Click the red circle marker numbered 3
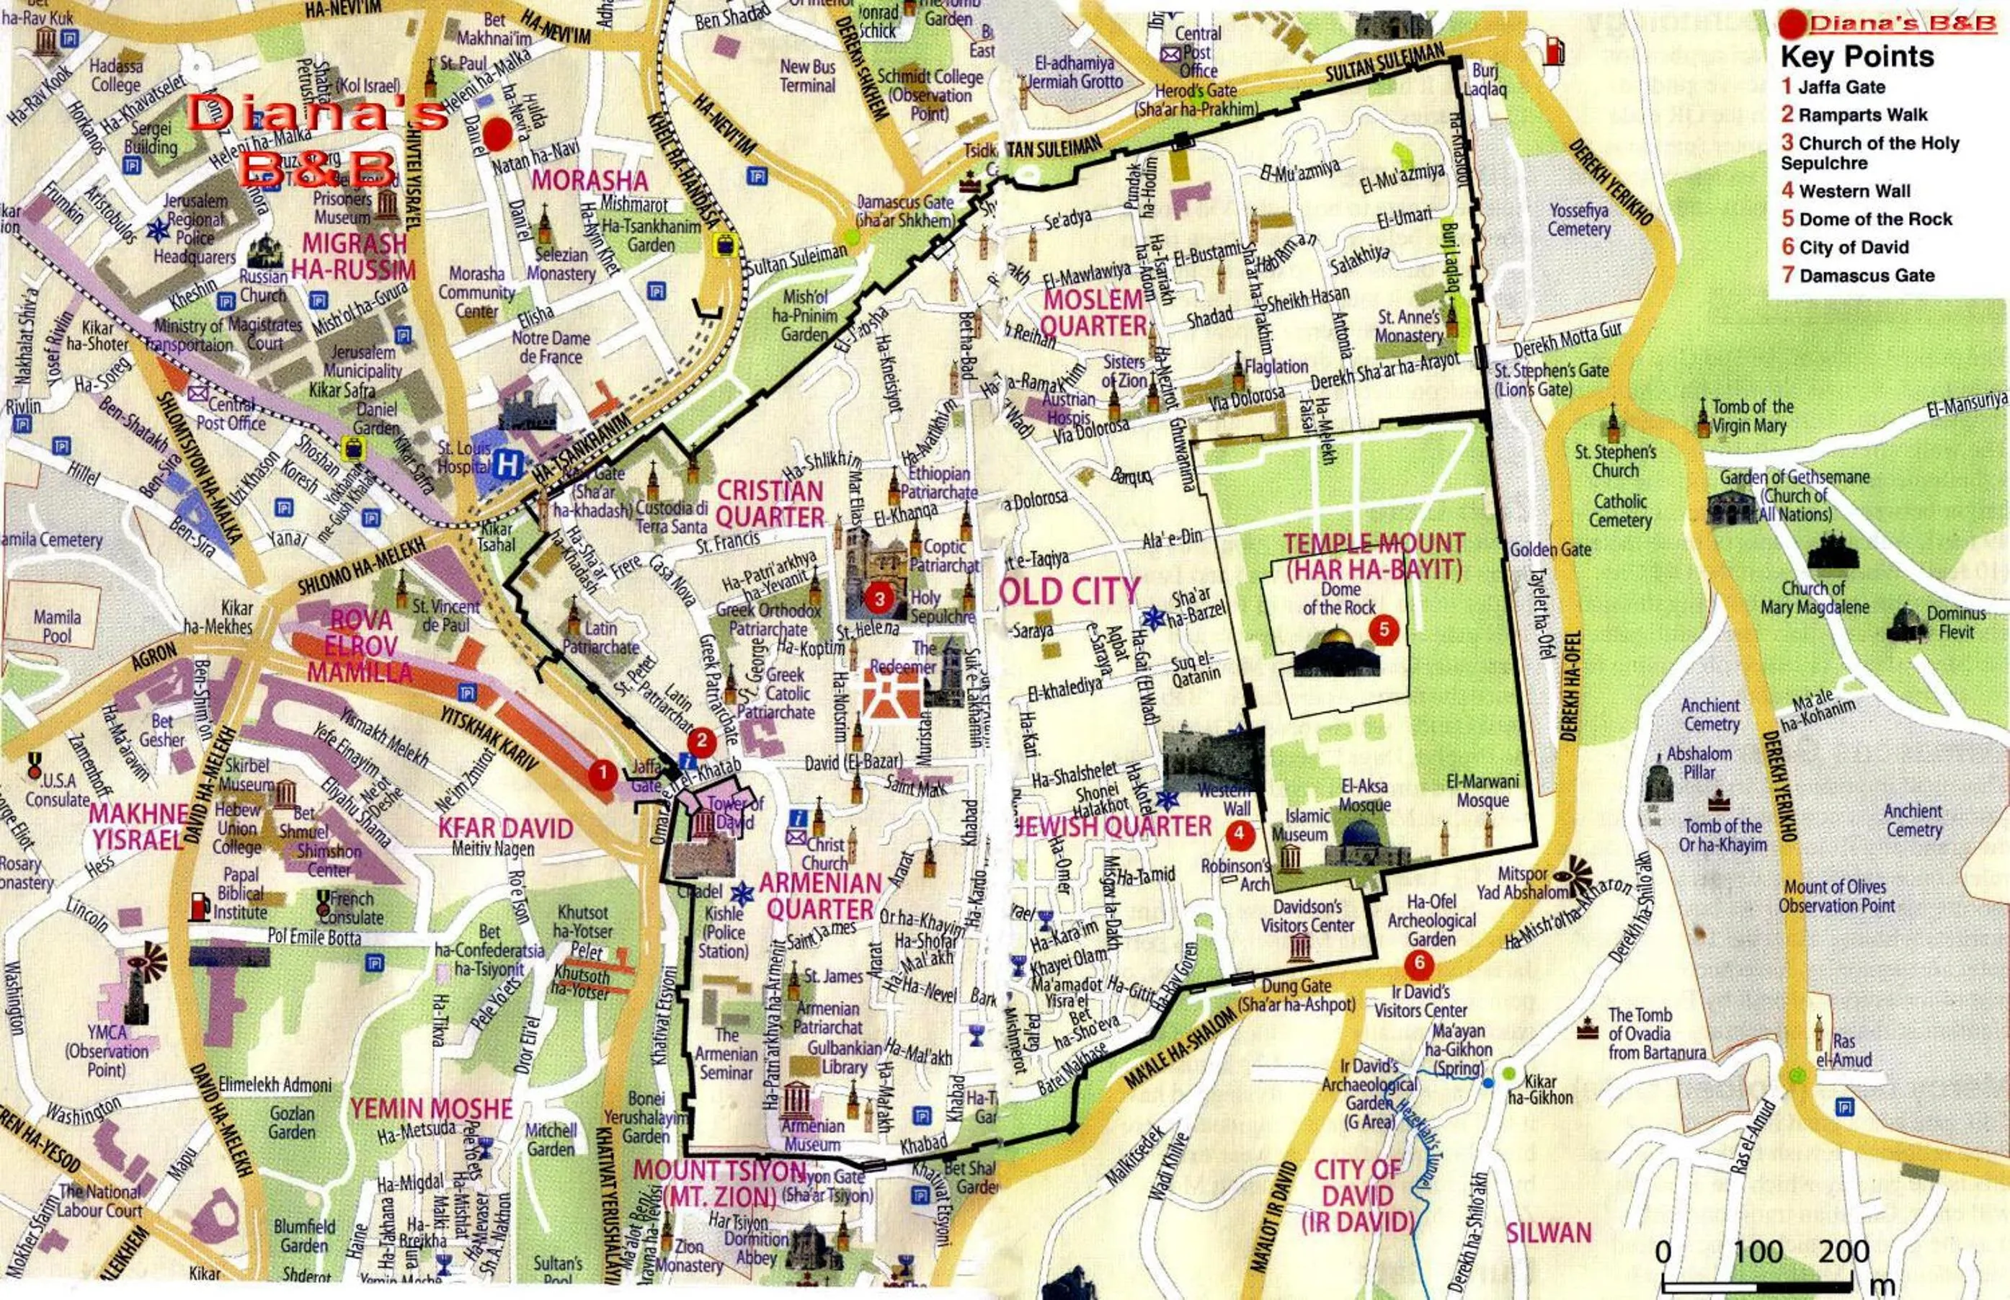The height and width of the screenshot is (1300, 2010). tap(879, 599)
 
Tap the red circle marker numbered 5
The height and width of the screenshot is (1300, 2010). tap(1384, 629)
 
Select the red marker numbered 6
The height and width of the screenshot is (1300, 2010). tap(1419, 963)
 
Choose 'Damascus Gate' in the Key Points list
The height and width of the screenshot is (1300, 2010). tap(1858, 275)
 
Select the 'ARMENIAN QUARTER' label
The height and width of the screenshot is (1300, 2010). tap(819, 896)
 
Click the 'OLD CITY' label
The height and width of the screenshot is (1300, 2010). tap(1070, 592)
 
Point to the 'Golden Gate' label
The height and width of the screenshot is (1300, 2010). tap(1550, 550)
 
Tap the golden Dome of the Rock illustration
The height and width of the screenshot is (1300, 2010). tap(1336, 651)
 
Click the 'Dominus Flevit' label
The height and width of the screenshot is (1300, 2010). tap(1956, 622)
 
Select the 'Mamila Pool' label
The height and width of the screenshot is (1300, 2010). tap(58, 625)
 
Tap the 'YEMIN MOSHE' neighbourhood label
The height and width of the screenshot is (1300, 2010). tap(432, 1108)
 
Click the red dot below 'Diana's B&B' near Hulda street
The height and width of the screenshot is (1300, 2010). tap(497, 133)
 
